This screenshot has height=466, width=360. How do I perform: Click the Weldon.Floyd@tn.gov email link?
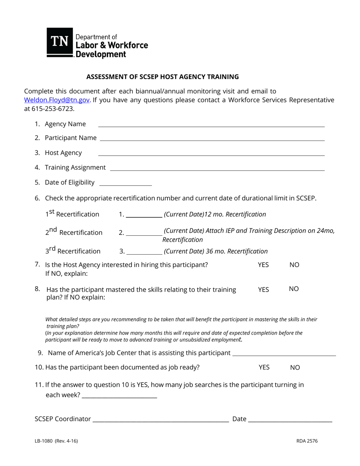point(57,100)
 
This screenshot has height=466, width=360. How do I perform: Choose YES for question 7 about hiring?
point(263,265)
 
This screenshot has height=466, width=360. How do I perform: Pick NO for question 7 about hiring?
point(294,265)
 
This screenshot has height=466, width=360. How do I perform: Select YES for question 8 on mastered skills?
point(263,289)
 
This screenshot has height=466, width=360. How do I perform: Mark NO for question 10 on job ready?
point(295,367)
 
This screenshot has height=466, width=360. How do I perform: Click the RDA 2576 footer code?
point(307,441)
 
